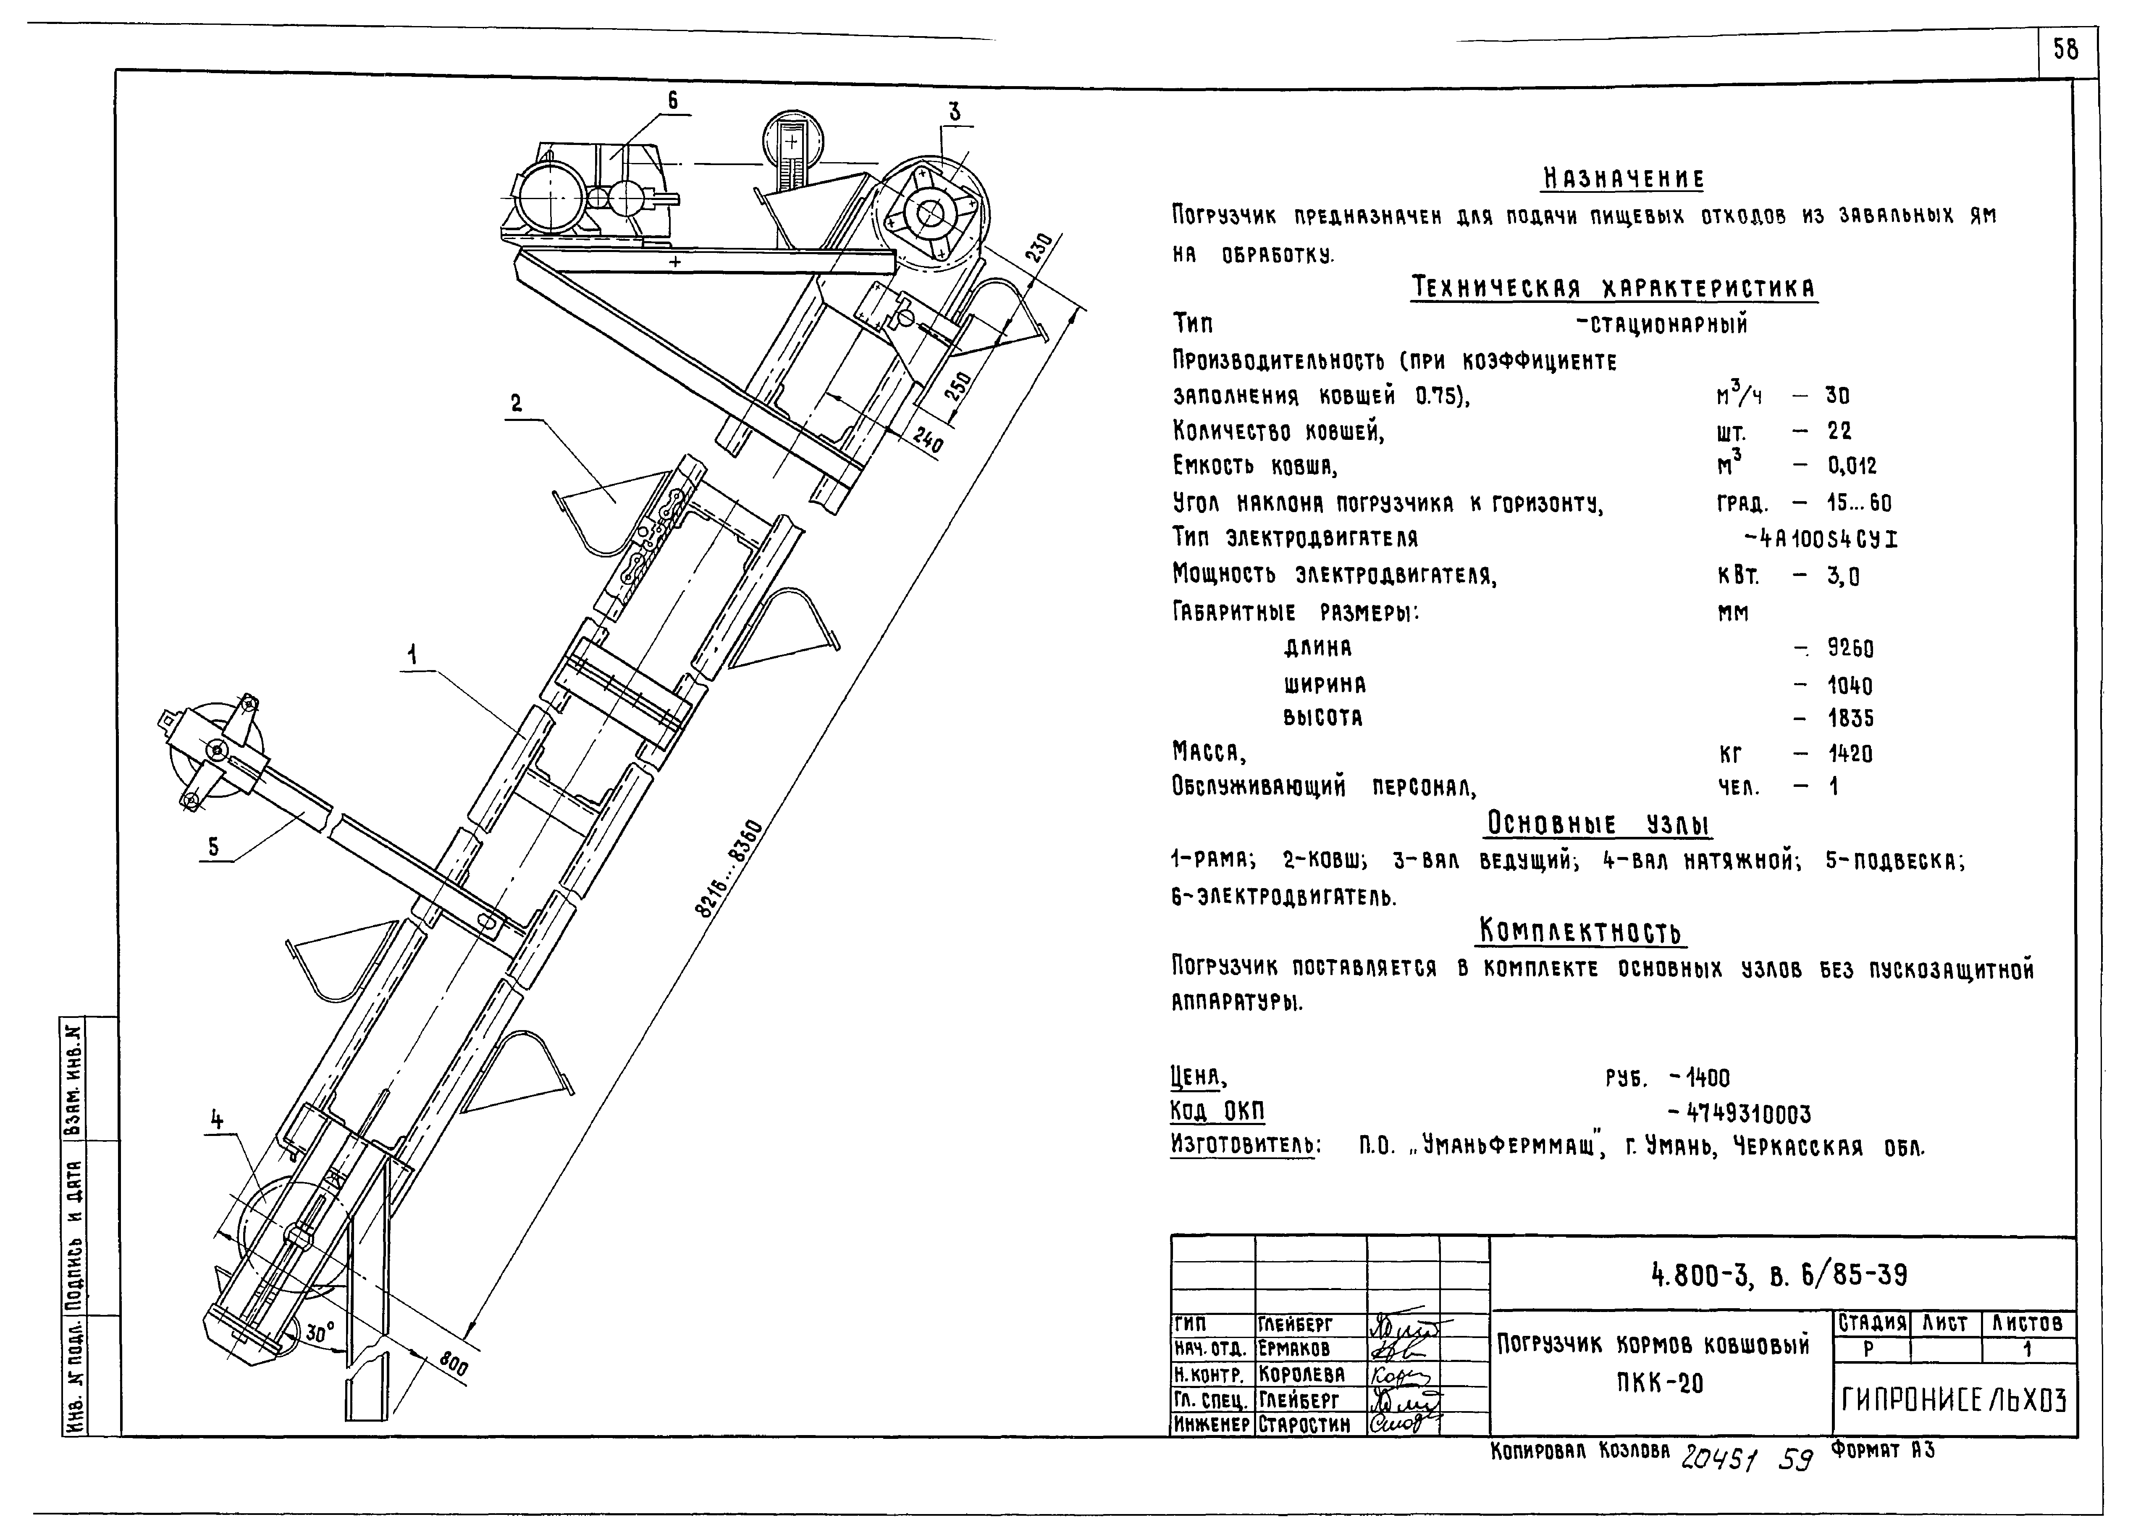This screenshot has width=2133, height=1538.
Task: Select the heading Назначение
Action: tap(1624, 179)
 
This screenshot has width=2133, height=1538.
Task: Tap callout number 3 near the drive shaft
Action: tap(955, 112)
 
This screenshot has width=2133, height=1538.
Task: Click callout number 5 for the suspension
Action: tap(213, 847)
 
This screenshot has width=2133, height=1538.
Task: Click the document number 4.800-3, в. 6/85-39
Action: tap(1779, 1275)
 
